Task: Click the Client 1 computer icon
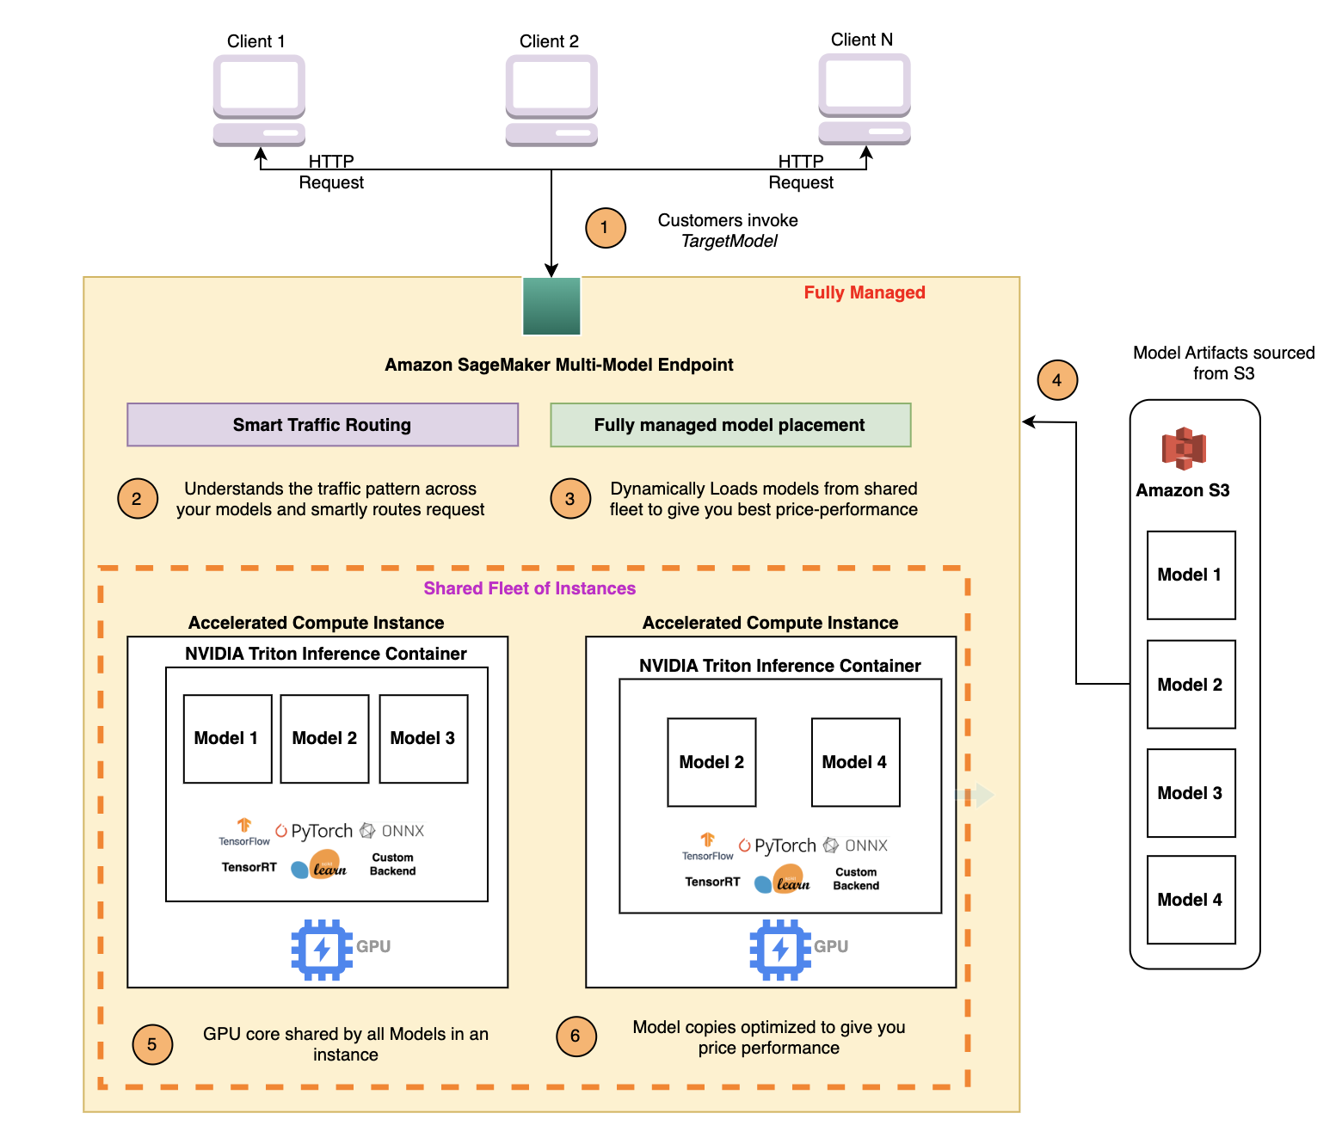(259, 101)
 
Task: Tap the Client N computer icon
(865, 99)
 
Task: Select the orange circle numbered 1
(605, 228)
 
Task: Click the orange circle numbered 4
(1057, 380)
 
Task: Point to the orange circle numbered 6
(576, 1036)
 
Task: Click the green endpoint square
(551, 306)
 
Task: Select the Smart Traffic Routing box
(322, 425)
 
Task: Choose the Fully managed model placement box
(730, 425)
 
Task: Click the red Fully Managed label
(865, 292)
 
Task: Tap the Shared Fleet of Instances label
(529, 588)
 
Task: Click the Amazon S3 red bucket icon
(1184, 448)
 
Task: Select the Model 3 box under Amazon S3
(1191, 793)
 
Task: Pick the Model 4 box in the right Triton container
(855, 762)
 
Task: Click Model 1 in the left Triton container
(227, 739)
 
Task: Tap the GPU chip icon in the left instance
(322, 950)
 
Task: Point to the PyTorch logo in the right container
(777, 846)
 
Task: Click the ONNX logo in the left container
(391, 830)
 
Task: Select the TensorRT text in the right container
(712, 882)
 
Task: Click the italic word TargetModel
(729, 242)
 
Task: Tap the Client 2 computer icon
(551, 101)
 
